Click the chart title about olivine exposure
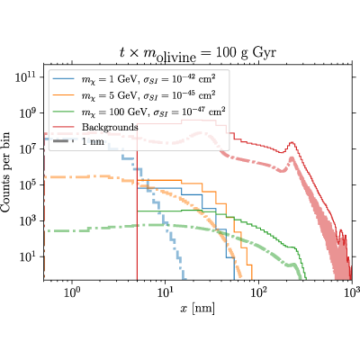coord(197,54)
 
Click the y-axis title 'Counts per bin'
coord(5,172)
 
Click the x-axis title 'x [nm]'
coord(197,308)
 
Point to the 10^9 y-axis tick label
coord(28,113)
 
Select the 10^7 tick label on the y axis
coord(28,149)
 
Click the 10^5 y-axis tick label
coord(28,185)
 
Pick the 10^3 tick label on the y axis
coord(28,221)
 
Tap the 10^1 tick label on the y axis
coord(28,257)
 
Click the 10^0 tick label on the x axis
coord(72,292)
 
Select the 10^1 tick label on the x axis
coord(165,292)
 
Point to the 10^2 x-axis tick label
coord(258,292)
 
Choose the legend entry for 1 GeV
coord(134,79)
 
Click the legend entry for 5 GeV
coord(134,95)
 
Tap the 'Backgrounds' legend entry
coord(95,127)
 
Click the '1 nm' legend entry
coord(78,141)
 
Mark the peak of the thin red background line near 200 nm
coord(292,142)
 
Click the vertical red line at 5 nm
coord(137,214)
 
